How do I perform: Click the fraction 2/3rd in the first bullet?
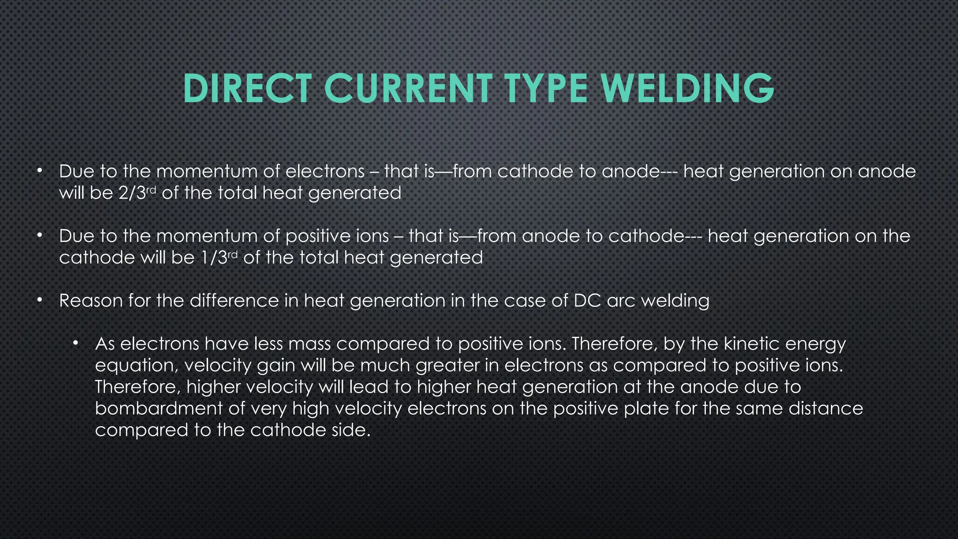(x=136, y=193)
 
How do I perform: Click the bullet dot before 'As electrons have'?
(x=76, y=343)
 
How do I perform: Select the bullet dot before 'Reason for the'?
(x=40, y=300)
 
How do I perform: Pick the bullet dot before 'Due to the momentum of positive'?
(x=40, y=235)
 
